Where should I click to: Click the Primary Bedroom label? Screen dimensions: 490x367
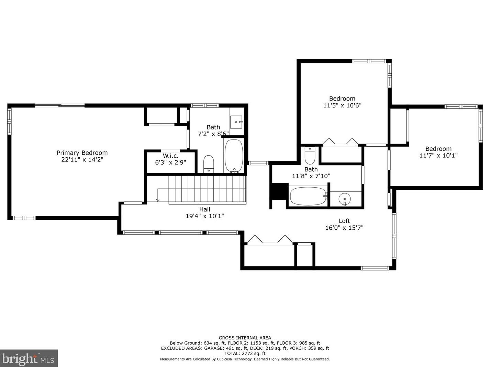pos(82,153)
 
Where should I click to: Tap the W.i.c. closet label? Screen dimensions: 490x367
pos(170,156)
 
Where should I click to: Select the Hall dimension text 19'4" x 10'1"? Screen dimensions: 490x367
pos(205,216)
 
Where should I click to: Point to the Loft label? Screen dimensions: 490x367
pos(344,221)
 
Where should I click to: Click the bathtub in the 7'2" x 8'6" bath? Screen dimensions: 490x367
pos(234,156)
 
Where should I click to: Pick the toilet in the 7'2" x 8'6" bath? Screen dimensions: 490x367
pos(209,164)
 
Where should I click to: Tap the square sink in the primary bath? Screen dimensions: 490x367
pos(236,122)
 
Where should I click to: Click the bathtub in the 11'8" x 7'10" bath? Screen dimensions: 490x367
pos(309,196)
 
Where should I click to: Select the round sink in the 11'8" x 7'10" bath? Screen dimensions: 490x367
pos(344,199)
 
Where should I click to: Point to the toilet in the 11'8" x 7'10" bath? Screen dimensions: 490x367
pos(310,155)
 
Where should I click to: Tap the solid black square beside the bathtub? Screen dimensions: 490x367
pos(279,191)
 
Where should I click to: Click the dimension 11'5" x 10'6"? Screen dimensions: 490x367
pos(342,105)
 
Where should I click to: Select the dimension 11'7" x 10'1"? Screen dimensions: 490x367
pos(438,155)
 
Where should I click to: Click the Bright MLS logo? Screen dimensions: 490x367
pos(29,359)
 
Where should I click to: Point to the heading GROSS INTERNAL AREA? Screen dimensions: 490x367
pos(245,338)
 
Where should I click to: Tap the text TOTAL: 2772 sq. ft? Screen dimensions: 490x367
pos(245,354)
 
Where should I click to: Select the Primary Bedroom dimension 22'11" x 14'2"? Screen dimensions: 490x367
pos(82,160)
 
